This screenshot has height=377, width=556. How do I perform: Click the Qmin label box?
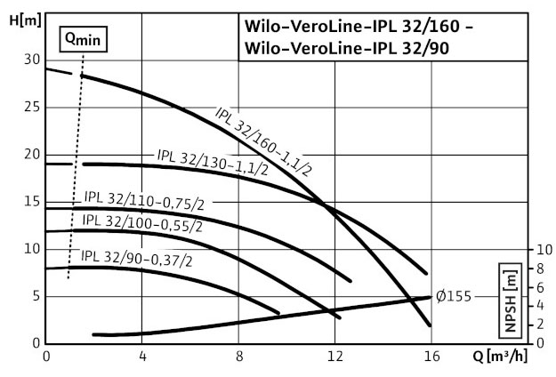[x=83, y=38]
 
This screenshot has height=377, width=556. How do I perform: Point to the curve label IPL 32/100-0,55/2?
[x=142, y=221]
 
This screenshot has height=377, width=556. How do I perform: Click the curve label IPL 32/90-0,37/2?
[x=136, y=257]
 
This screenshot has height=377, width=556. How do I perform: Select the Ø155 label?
[x=455, y=297]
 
